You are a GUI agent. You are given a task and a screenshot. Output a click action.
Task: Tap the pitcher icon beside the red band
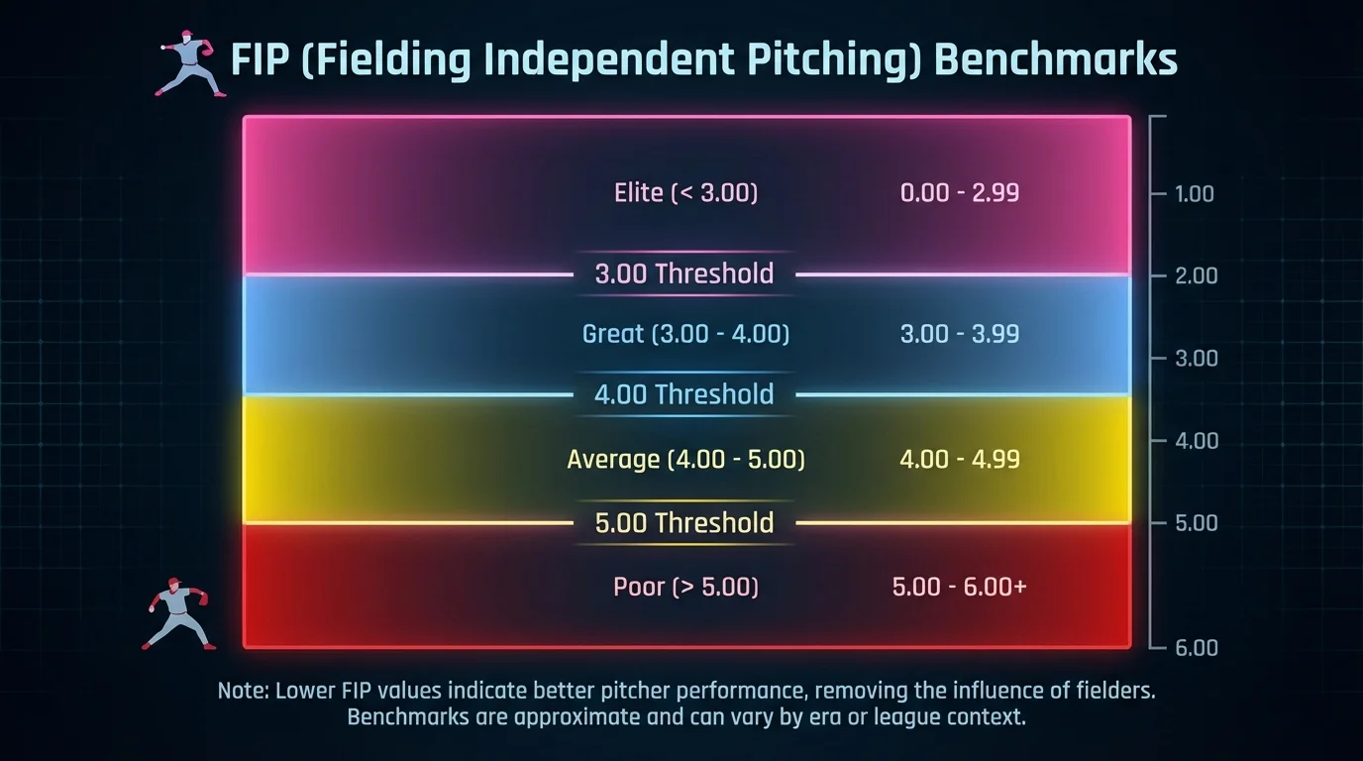tap(178, 612)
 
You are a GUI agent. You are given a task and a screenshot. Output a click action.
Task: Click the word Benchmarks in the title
tap(1056, 60)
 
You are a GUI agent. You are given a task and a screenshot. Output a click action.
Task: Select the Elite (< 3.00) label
tap(685, 192)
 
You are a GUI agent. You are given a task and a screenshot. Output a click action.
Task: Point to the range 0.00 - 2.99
tap(959, 192)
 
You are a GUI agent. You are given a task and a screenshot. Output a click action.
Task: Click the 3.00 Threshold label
tap(683, 273)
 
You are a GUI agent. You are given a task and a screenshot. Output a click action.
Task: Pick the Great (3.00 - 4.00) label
tap(685, 334)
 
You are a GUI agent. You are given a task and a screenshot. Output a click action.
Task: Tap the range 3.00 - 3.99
tap(959, 334)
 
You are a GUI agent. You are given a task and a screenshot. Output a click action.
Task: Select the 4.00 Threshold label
tap(683, 394)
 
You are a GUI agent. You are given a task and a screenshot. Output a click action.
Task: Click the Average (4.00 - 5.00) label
tap(685, 460)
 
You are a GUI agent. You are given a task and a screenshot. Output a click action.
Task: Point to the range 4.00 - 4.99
tap(959, 460)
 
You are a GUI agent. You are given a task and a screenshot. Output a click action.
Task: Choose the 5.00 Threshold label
tap(683, 522)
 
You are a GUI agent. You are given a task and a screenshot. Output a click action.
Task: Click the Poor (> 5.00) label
tap(685, 587)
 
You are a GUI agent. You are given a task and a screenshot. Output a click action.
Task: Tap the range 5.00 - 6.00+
tap(959, 587)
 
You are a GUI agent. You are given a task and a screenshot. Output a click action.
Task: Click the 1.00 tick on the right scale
tap(1194, 194)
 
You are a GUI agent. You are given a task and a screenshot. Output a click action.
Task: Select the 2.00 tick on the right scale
tap(1195, 275)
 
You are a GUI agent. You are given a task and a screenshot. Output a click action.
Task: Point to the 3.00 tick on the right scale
tap(1195, 359)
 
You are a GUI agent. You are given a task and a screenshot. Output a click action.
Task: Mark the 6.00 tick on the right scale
tap(1195, 648)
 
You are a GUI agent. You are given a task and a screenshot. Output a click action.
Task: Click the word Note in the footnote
tap(241, 691)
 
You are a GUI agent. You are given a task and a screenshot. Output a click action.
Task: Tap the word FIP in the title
tap(262, 60)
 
